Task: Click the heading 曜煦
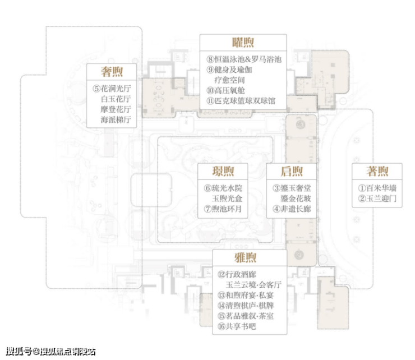243,43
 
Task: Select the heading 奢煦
112,72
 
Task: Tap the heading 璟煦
223,171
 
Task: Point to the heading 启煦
292,171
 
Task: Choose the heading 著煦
377,171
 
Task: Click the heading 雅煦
245,257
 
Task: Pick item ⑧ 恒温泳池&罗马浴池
244,59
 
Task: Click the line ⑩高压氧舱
225,90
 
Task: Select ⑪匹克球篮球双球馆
241,101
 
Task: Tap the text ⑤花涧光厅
112,89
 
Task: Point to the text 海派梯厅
116,119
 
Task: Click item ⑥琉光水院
223,188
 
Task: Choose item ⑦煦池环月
223,209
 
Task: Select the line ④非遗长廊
292,209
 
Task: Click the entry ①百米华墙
377,188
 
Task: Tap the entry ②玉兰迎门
377,199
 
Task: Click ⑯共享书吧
237,326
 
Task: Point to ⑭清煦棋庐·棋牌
246,306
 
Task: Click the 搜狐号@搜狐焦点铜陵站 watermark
50,352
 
